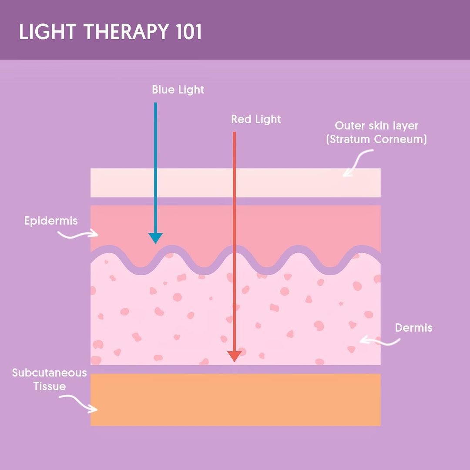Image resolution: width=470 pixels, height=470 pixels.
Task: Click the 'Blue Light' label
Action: coord(178,90)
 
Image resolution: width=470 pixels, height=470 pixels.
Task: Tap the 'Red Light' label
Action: coord(256,119)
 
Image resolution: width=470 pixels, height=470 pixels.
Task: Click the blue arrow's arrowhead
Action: coord(155,238)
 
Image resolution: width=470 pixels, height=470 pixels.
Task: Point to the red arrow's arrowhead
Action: coord(235,356)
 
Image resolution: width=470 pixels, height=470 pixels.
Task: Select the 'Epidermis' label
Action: coord(51,221)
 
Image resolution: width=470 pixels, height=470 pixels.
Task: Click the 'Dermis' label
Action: coord(413,328)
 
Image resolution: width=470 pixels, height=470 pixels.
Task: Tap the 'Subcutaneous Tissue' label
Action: coord(50,379)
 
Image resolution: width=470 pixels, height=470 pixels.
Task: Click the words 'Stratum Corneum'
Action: coord(376,140)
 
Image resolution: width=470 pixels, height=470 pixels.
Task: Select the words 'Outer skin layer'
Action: coord(376,126)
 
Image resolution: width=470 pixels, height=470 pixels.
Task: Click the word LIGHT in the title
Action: coord(47,33)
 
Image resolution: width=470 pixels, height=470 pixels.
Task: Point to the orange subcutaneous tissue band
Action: coord(235,399)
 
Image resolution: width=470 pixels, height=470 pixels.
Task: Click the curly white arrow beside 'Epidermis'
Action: coord(78,234)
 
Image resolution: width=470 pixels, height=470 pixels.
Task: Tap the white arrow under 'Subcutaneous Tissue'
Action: coord(79,403)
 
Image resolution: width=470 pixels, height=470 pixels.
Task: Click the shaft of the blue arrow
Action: coord(155,165)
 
